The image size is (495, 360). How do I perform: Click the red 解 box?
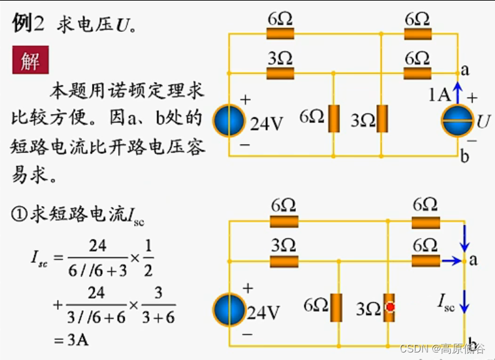30,61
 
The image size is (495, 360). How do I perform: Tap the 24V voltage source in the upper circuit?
228,121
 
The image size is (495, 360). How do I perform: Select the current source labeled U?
457,121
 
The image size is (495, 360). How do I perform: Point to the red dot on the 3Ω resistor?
390,307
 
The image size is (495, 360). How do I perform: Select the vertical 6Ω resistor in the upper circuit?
334,118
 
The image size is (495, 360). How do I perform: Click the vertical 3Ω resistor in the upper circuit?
381,118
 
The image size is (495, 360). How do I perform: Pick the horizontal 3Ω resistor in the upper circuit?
280,74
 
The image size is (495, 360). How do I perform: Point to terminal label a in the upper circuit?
464,70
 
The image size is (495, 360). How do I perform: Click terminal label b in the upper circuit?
464,157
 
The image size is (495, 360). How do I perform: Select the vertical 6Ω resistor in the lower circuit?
337,307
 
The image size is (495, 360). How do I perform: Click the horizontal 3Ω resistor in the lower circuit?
284,260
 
